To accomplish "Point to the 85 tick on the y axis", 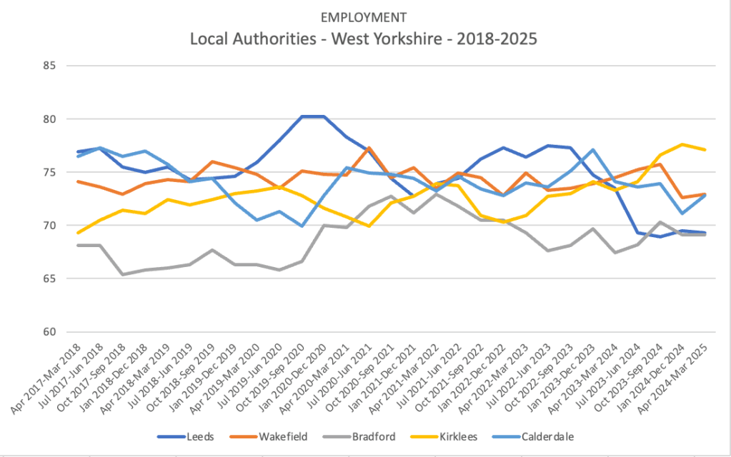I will coord(51,66).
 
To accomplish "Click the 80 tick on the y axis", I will coord(51,119).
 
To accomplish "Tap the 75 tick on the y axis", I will coord(51,172).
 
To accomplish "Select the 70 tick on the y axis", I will coord(51,226).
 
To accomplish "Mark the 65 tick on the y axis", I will coord(51,278).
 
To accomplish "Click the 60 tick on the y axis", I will coord(51,332).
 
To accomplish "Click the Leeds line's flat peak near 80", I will coord(312,116).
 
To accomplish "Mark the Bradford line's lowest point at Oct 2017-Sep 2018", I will coord(123,274).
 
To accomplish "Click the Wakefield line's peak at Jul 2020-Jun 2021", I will coord(368,148).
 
